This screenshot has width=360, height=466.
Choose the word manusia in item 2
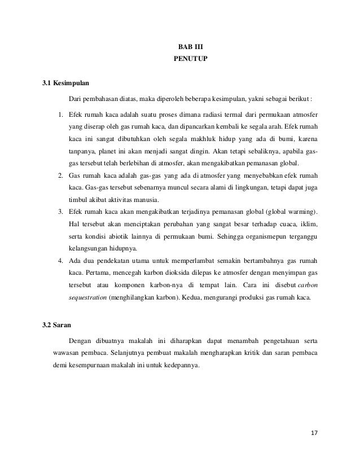[x=144, y=201]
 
